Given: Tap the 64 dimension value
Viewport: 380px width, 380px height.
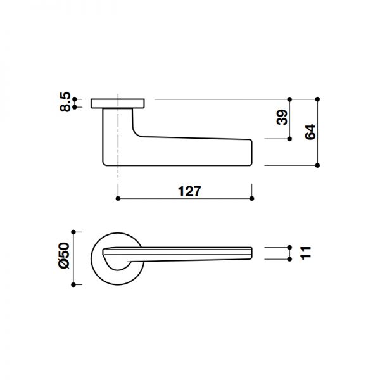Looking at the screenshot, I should coord(310,132).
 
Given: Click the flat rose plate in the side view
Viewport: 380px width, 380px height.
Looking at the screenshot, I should coord(118,103).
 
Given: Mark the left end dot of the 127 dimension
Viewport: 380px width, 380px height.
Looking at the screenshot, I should coord(118,199).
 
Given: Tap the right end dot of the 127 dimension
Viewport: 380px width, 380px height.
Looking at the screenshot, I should coord(252,199).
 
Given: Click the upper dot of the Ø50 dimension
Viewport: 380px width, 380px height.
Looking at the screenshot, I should coord(75,231).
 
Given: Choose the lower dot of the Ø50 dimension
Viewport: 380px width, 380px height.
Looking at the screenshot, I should coord(75,285).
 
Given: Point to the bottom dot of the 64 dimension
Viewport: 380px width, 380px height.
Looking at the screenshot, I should coord(317,165).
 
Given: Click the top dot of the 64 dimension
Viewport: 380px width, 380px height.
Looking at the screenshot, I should coord(317,99).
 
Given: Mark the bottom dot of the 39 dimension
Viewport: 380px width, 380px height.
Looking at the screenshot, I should coord(289,139).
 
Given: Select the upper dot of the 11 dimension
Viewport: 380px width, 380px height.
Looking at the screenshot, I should coord(289,247).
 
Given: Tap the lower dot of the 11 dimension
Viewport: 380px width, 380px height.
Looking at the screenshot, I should coord(289,259).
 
